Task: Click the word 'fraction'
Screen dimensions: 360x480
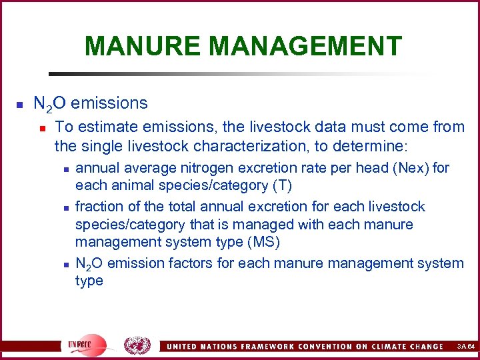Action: [99, 207]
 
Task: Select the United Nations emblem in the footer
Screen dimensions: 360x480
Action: [137, 345]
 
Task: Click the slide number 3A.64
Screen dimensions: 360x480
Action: [465, 347]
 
